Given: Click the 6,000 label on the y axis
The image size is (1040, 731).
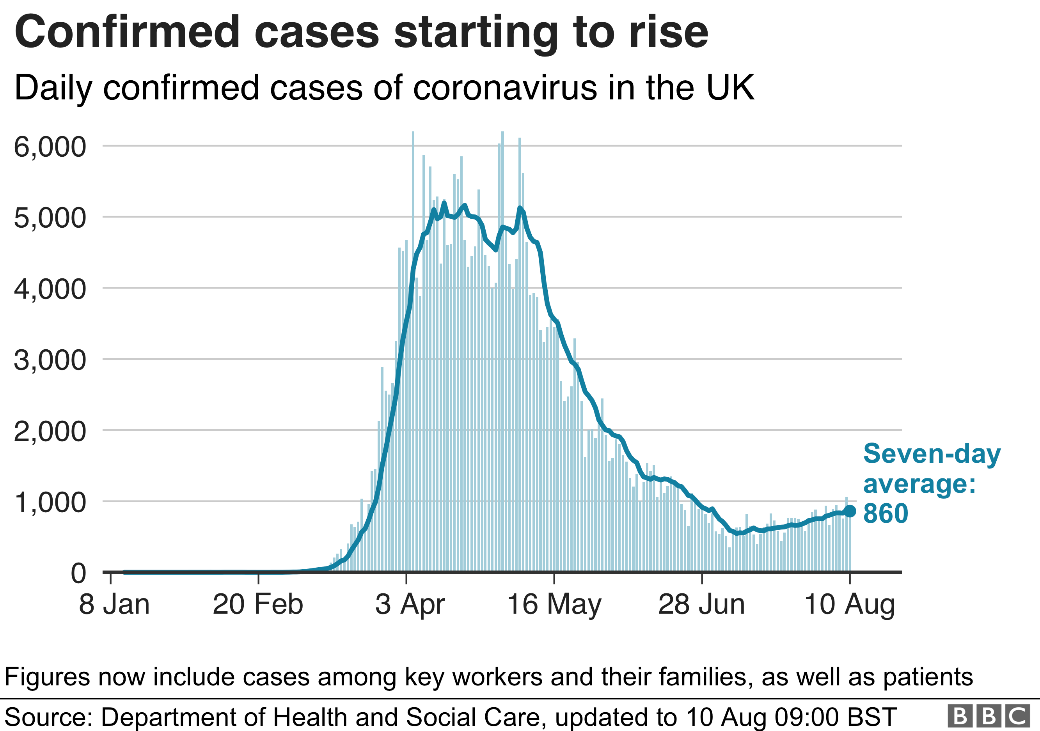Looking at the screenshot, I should click(x=50, y=147).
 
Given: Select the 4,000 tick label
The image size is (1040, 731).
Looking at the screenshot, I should click(x=50, y=289).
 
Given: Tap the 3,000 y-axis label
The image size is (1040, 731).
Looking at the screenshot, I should click(x=50, y=360).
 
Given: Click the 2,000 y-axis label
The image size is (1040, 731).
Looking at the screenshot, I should click(x=50, y=431).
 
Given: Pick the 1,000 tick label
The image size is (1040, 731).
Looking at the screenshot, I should click(x=50, y=503).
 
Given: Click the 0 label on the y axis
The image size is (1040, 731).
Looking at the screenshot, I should click(x=78, y=573).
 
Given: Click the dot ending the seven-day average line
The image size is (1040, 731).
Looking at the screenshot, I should click(x=850, y=511).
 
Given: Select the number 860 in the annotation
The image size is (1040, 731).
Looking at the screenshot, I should click(x=886, y=513).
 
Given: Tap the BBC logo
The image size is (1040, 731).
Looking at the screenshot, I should click(x=988, y=716).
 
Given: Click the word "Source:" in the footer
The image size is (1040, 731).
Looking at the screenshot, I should click(x=48, y=717).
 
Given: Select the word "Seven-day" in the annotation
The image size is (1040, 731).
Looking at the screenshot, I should click(x=932, y=453).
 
